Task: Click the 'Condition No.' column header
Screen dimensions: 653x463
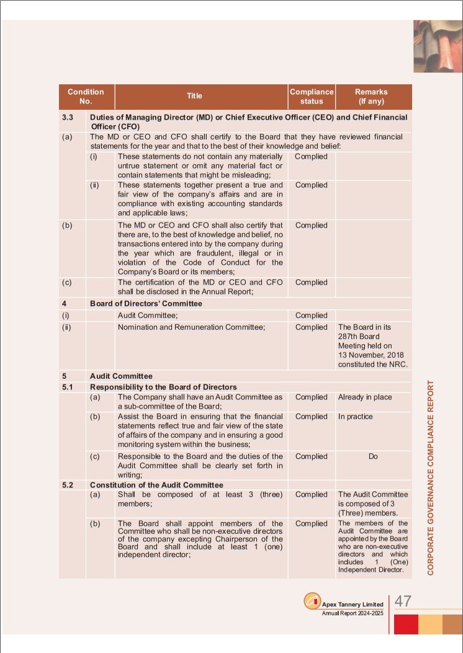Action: (x=86, y=96)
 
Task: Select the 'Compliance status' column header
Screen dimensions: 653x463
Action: (x=312, y=96)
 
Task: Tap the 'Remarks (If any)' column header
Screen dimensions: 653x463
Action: (x=373, y=96)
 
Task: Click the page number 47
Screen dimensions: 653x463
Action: (x=403, y=602)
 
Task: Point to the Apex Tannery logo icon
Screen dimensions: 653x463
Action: (x=312, y=602)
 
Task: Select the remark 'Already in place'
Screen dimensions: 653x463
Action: (x=365, y=397)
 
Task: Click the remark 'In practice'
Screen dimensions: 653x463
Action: (x=356, y=417)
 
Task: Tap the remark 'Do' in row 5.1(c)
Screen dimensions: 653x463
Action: (x=373, y=456)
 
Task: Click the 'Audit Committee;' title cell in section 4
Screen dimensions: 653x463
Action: (x=147, y=316)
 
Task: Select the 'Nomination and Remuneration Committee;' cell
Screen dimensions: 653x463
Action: (x=192, y=327)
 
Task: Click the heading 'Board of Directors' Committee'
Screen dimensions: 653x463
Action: (x=146, y=304)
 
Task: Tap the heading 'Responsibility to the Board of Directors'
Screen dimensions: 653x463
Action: (x=163, y=387)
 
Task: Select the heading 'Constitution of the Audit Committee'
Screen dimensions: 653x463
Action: (x=156, y=485)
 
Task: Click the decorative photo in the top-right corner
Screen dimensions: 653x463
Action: (x=438, y=46)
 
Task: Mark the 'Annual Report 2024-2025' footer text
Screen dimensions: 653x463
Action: (x=352, y=613)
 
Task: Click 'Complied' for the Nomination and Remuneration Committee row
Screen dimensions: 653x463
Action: (x=312, y=327)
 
